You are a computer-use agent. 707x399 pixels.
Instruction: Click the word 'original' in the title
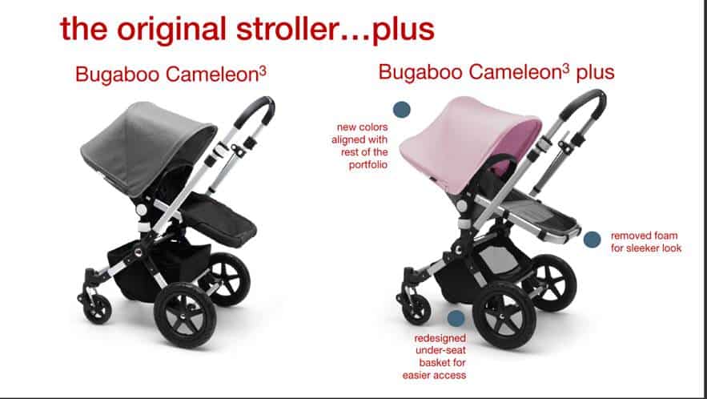tap(172, 29)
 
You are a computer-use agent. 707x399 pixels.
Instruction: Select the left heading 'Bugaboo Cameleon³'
tap(171, 74)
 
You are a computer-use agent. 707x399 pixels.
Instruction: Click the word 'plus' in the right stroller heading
tap(595, 72)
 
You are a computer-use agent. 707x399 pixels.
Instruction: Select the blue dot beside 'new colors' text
tap(402, 110)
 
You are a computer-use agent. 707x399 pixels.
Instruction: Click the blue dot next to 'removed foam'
tap(592, 240)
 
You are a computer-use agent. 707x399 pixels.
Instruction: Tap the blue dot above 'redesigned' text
tap(456, 318)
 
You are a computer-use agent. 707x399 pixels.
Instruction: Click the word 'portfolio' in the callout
tap(368, 165)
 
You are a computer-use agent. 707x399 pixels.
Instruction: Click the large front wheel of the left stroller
tap(185, 315)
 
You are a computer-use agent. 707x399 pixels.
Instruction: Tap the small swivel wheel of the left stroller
tap(97, 309)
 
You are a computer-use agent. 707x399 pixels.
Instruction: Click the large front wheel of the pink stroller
tap(504, 315)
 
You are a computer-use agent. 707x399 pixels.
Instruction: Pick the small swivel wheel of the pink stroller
tap(416, 309)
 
